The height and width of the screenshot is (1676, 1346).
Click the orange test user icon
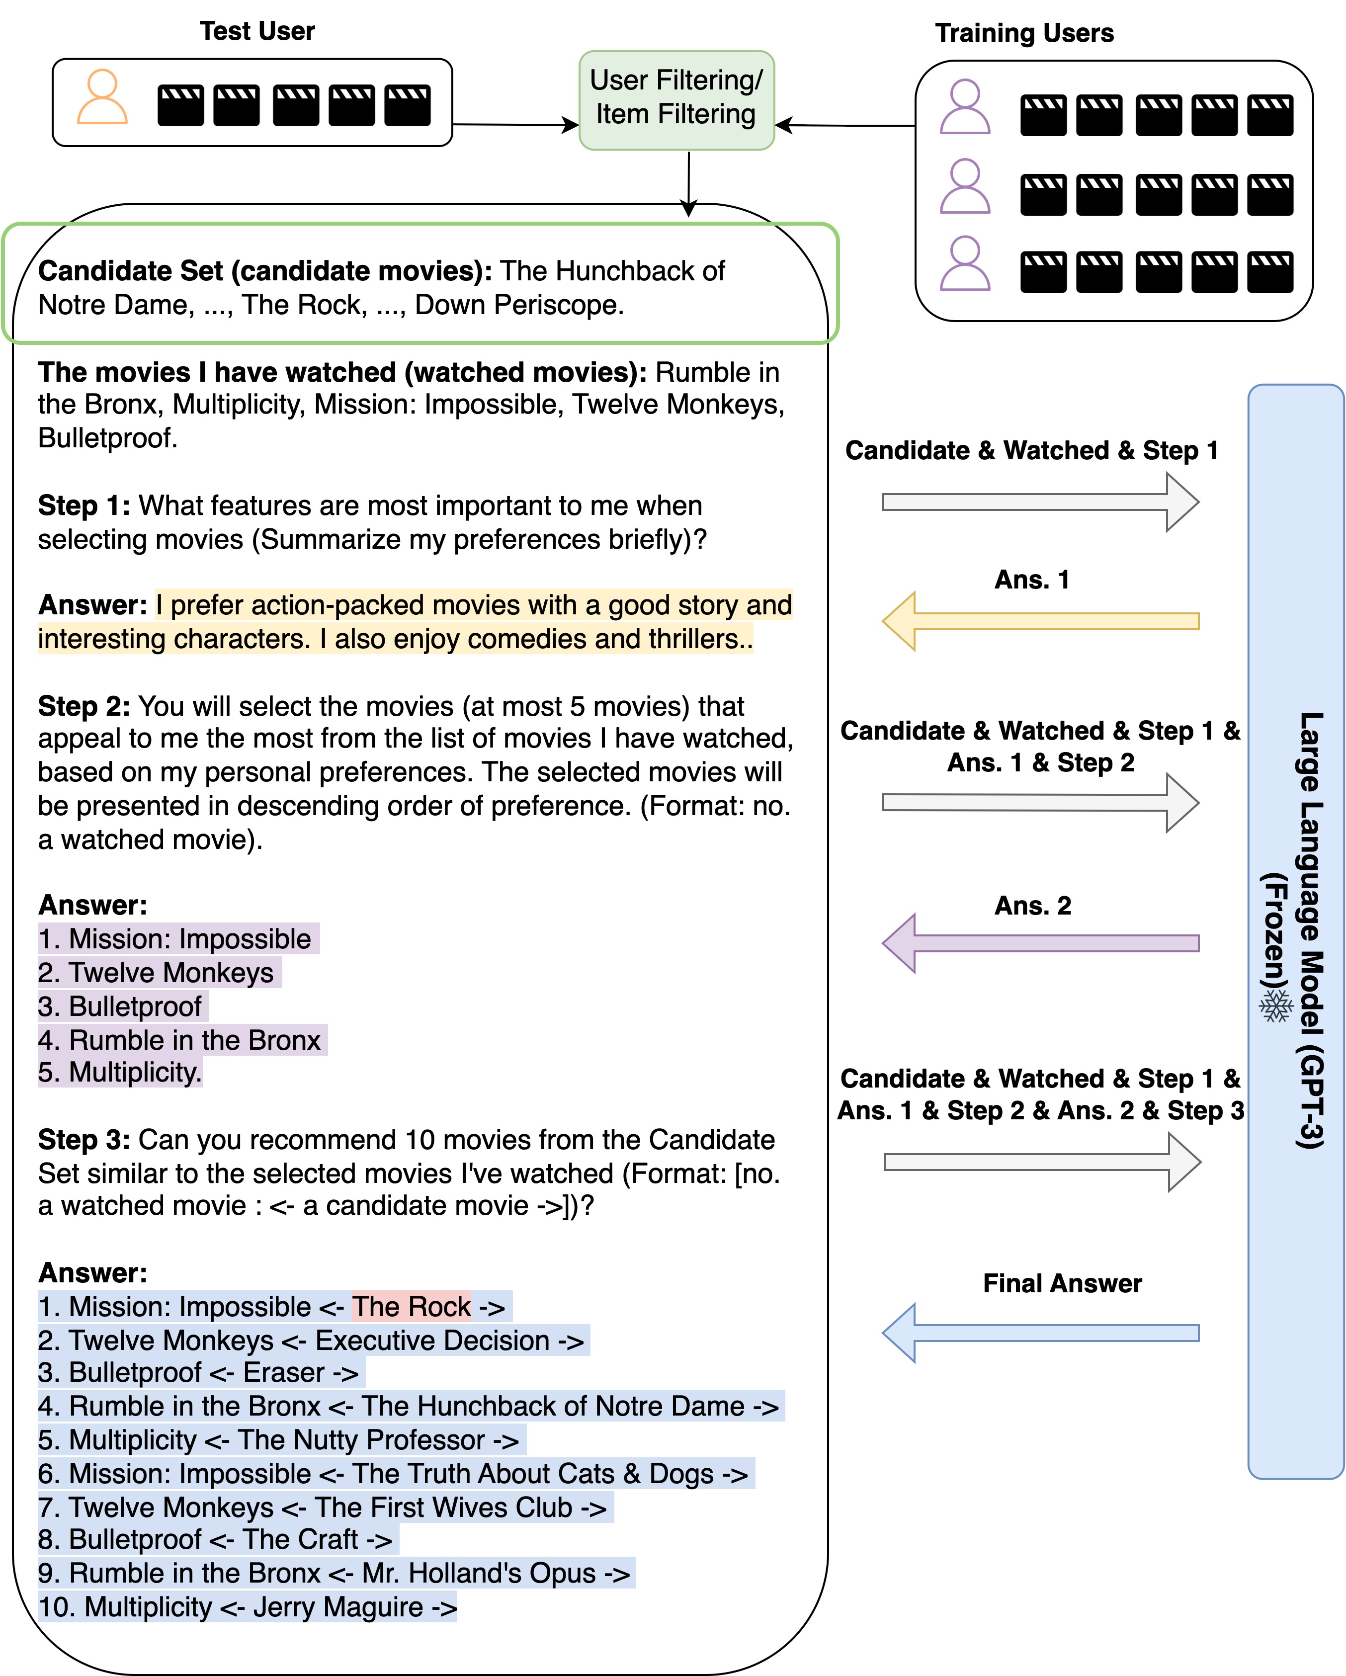[x=102, y=97]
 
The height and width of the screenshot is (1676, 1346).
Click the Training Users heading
[x=1024, y=33]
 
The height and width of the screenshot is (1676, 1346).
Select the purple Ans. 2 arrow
[x=1040, y=943]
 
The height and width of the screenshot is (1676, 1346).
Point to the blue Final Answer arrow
[x=1040, y=1333]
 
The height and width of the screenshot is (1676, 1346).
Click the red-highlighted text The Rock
[x=412, y=1307]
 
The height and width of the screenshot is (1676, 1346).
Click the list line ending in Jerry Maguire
[x=247, y=1607]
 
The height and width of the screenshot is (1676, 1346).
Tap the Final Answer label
[x=1062, y=1283]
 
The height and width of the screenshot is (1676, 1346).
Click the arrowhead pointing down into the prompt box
[x=688, y=208]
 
